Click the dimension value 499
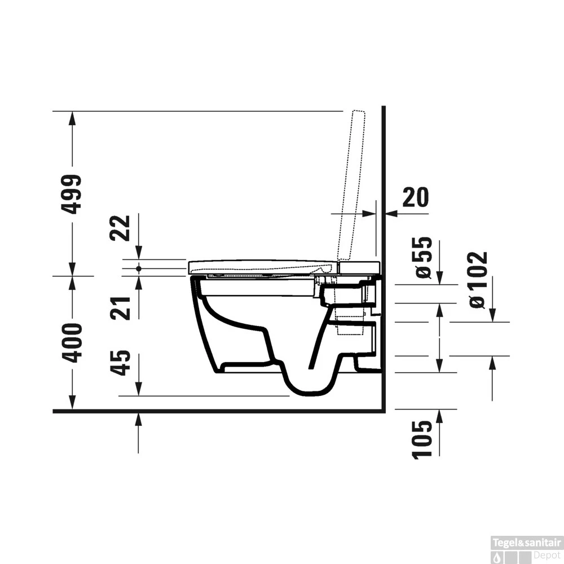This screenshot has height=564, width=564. pos(72,194)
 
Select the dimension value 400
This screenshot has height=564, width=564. pos(72,343)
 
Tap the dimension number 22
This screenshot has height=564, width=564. pos(120,227)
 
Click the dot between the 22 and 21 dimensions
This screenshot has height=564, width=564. pos(139,268)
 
